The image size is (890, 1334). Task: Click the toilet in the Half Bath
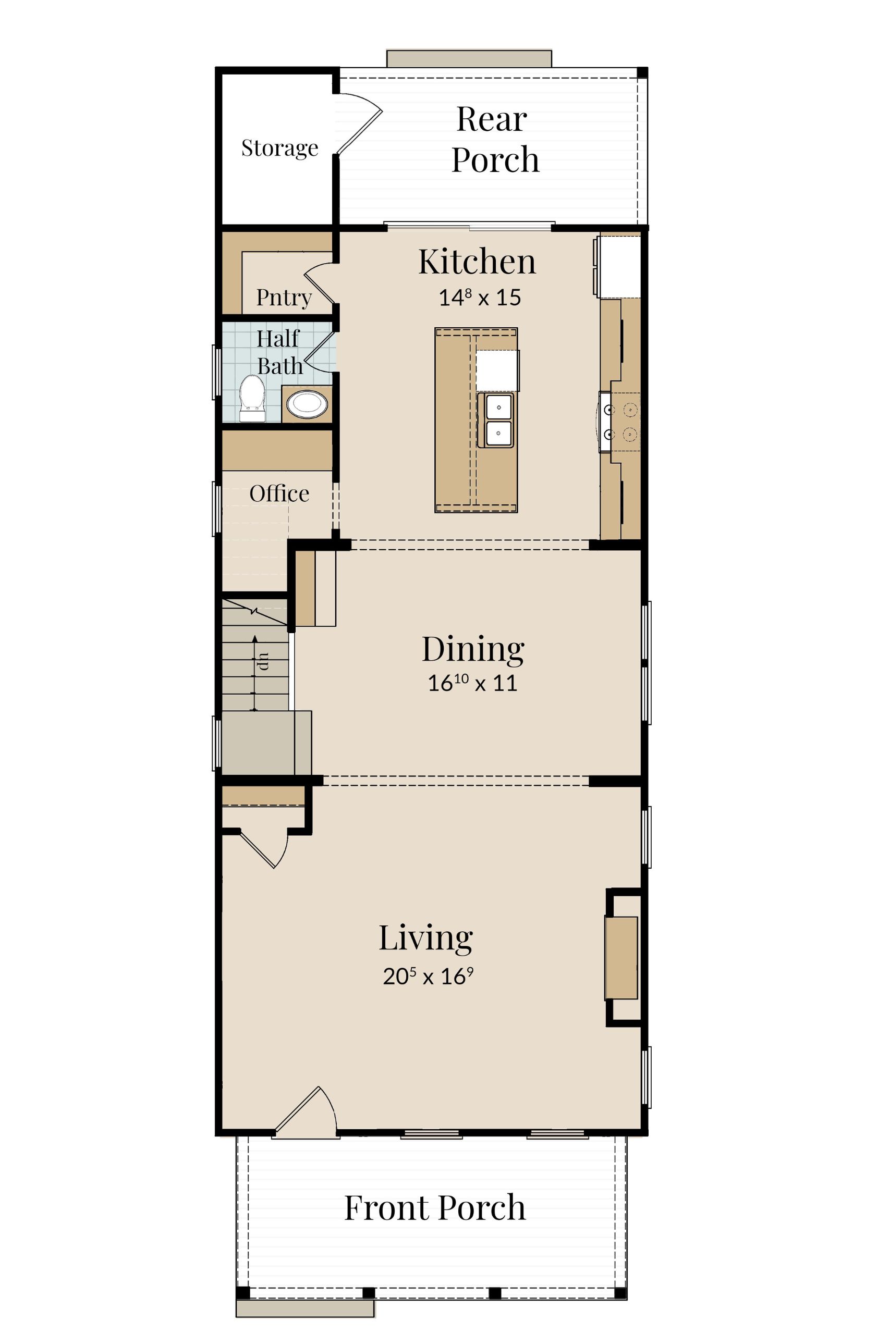(252, 399)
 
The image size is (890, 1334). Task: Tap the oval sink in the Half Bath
(307, 404)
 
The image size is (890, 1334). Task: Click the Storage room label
(279, 149)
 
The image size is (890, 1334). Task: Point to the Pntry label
(284, 297)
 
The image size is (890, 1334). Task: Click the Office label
(279, 493)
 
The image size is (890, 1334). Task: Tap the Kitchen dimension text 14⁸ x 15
(480, 297)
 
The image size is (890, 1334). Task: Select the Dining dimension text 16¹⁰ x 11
(472, 683)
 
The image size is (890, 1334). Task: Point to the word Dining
(473, 650)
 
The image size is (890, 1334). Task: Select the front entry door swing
(307, 1108)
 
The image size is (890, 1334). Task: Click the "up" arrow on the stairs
(254, 673)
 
